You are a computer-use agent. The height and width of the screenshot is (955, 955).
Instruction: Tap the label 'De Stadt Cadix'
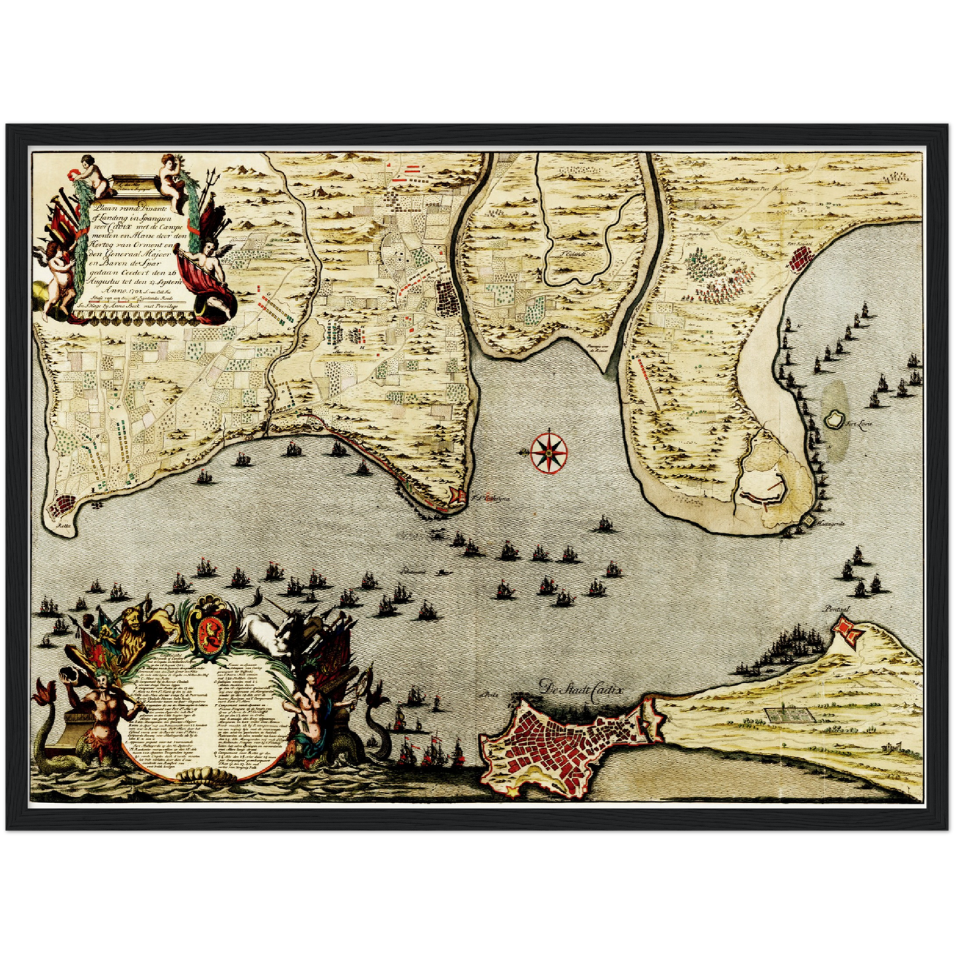tap(581, 688)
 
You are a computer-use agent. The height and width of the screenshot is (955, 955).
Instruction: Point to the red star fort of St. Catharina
tap(456, 496)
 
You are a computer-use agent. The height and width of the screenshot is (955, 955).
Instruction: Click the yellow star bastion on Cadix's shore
tap(512, 790)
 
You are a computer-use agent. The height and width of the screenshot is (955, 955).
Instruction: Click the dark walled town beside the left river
tap(449, 297)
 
